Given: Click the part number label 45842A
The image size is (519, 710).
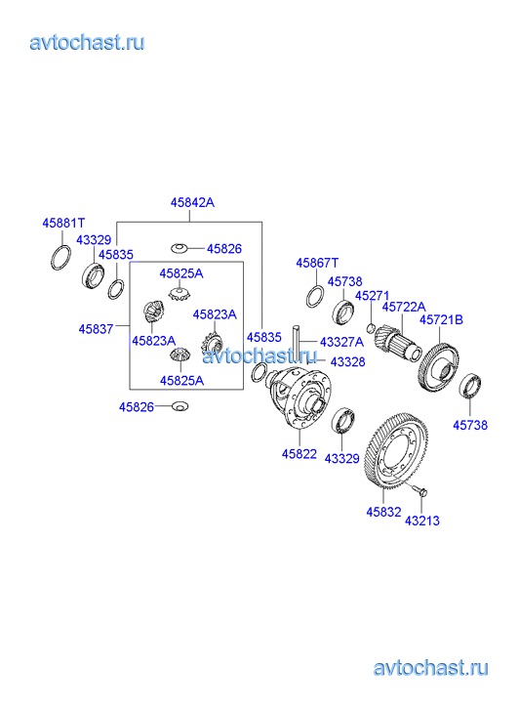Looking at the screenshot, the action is click(192, 202).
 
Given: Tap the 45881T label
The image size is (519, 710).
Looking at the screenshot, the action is click(63, 223).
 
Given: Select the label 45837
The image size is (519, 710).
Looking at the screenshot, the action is click(96, 329).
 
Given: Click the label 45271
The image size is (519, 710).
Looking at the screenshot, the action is click(372, 296).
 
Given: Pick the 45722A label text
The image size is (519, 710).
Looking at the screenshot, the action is click(404, 307).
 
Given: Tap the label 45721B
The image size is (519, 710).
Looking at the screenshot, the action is click(441, 319).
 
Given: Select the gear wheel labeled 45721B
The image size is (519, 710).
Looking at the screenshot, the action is click(439, 368).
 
